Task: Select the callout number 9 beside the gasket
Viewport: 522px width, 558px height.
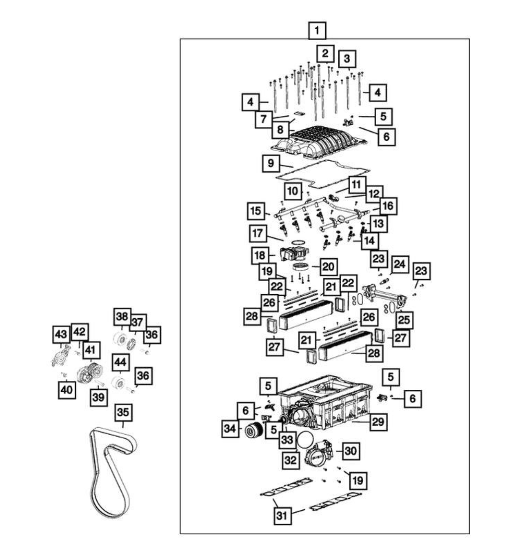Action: coord(271,163)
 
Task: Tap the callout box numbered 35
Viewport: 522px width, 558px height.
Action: coord(123,412)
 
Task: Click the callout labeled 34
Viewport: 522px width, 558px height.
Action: coord(230,429)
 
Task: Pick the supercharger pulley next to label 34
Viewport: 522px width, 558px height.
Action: coord(253,430)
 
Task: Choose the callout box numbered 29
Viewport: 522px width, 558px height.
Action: coord(378,421)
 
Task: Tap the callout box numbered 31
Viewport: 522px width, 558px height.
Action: coord(282,515)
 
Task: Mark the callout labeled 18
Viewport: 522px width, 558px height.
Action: coord(260,255)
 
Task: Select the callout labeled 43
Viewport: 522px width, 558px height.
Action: coord(61,334)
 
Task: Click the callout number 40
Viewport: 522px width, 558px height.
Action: coord(67,389)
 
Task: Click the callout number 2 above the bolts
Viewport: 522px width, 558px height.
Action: coord(325,53)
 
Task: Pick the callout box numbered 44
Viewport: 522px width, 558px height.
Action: coord(120,363)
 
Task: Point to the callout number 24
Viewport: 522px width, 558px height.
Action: coord(399,265)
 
